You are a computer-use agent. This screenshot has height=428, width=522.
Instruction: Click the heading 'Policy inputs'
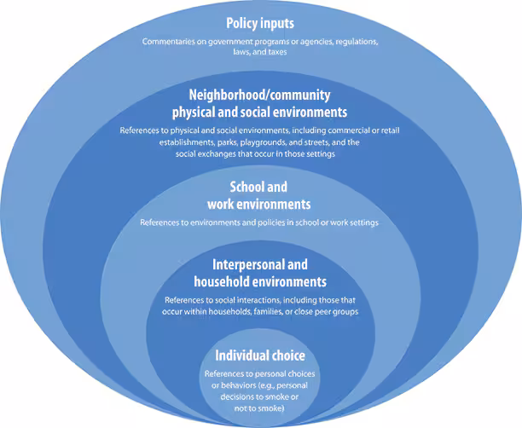click(x=260, y=22)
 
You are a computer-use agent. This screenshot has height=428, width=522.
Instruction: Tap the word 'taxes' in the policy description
click(x=284, y=51)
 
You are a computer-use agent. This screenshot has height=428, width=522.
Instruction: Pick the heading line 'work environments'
click(x=258, y=204)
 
